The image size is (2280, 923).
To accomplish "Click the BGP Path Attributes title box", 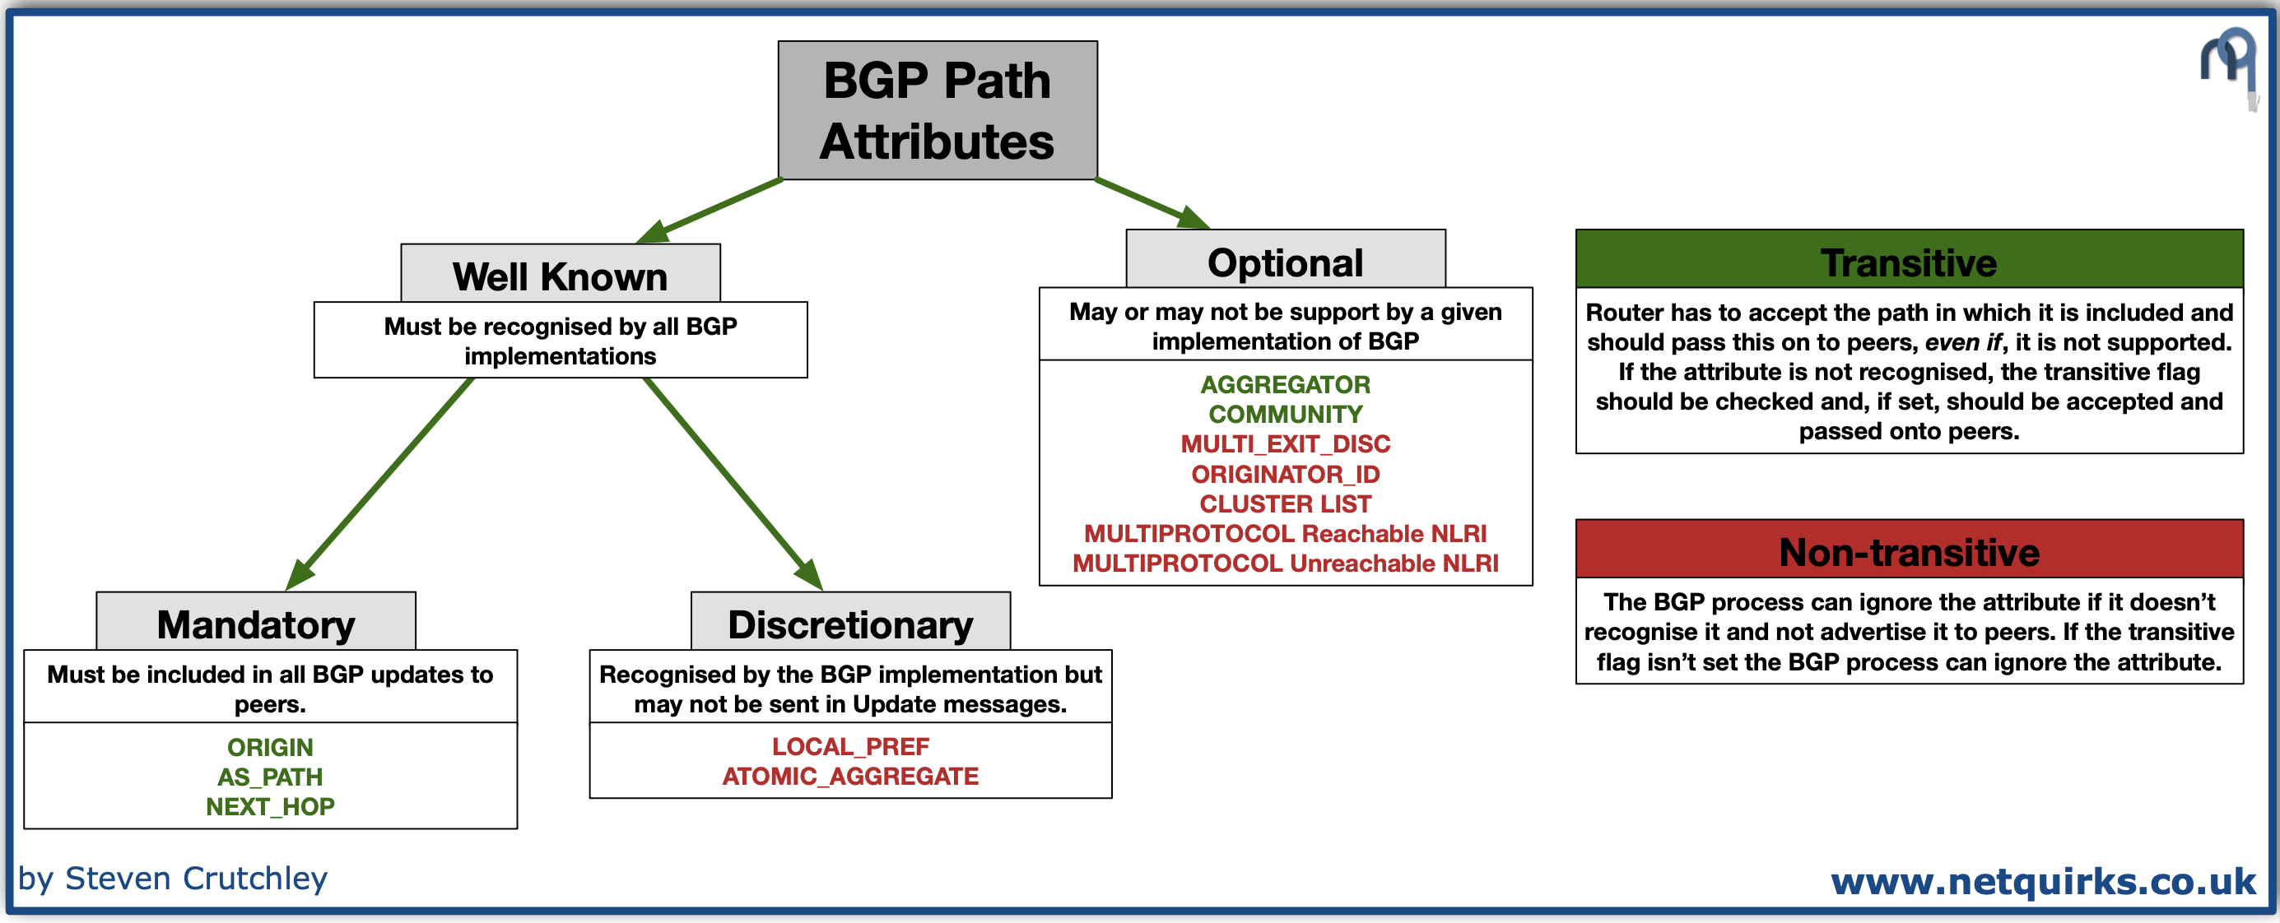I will click(938, 110).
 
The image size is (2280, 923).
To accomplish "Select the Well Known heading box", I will click(561, 276).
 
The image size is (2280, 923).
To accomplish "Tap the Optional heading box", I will click(1285, 261).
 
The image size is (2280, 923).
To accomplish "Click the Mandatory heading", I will click(256, 623).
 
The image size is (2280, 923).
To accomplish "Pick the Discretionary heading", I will click(849, 623).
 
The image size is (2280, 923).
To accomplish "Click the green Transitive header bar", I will click(1909, 261).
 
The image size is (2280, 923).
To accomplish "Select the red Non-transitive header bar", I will click(1909, 551).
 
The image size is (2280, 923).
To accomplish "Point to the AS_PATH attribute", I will click(270, 776).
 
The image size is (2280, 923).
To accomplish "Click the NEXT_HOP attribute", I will click(270, 806).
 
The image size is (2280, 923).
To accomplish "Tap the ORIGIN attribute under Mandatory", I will click(270, 747).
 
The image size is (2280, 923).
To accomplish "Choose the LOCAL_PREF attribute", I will click(849, 746).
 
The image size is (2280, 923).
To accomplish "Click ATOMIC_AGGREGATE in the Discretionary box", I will click(849, 776).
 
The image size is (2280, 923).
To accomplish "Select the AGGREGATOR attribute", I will click(1285, 384).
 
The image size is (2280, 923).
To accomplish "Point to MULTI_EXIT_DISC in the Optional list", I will click(1285, 443).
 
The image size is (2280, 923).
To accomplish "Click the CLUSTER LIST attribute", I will click(1285, 503).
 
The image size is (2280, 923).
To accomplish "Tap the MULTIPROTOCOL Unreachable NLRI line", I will click(1285, 563).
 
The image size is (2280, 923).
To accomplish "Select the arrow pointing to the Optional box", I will click(1151, 202).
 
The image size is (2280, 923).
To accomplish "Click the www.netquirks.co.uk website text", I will click(2043, 880).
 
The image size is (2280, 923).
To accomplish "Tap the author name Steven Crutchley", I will click(196, 878).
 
